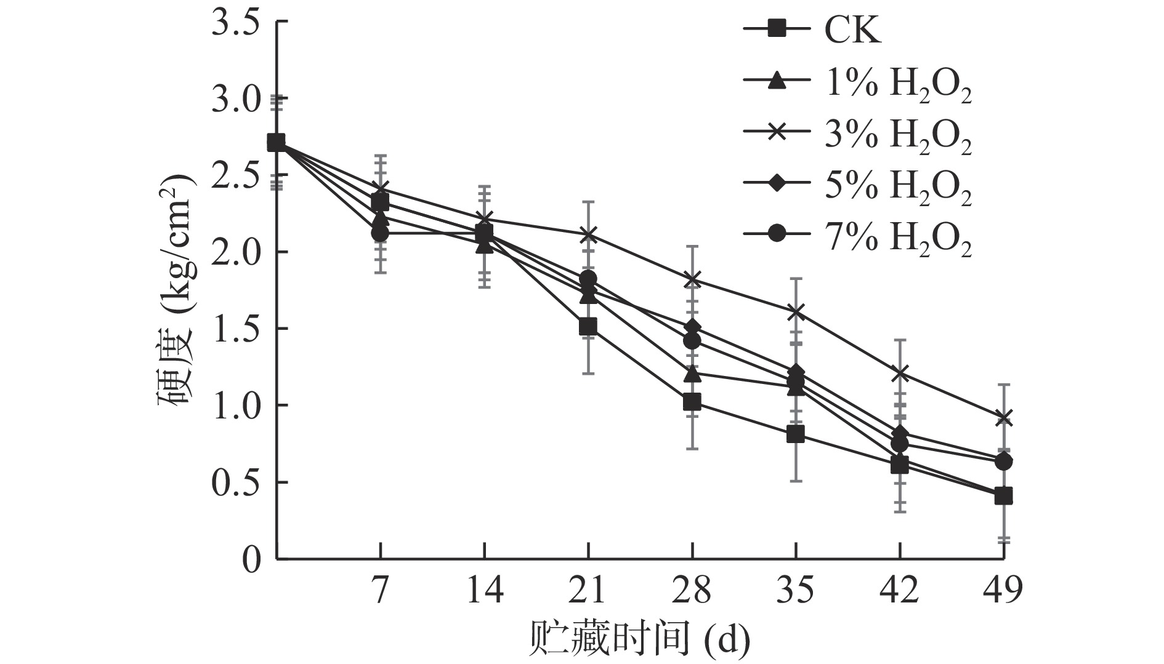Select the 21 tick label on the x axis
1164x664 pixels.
click(588, 590)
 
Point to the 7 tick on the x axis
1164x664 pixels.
click(381, 590)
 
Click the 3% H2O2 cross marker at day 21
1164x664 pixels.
click(588, 234)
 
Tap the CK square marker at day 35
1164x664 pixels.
click(796, 435)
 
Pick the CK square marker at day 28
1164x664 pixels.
click(692, 402)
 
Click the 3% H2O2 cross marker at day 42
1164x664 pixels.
click(900, 373)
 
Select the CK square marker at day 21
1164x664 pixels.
click(588, 327)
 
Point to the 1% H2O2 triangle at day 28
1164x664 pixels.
click(692, 373)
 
